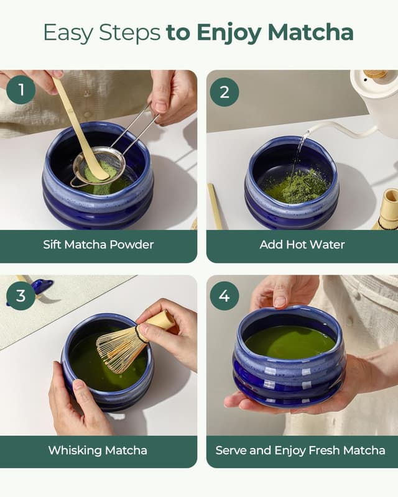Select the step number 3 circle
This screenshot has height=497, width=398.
click(x=21, y=296)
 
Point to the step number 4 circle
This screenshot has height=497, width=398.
click(x=224, y=296)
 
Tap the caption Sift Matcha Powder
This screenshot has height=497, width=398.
click(x=98, y=244)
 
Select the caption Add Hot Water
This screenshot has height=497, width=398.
click(x=302, y=244)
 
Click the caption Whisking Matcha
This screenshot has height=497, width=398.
click(x=98, y=450)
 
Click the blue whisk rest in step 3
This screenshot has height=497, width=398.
click(x=41, y=286)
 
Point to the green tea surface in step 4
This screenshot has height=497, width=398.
click(x=289, y=342)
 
